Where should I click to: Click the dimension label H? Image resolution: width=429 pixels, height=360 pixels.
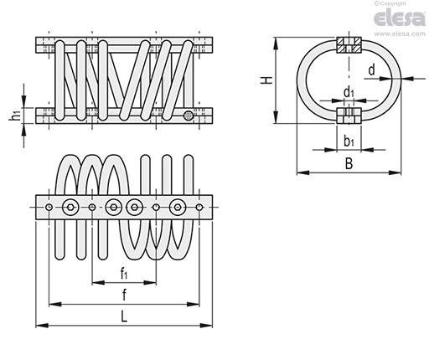266,80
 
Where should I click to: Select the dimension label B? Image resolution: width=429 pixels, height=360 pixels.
348,165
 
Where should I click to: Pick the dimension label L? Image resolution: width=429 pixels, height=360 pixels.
124,316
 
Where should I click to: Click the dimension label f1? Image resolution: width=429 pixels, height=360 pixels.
123,273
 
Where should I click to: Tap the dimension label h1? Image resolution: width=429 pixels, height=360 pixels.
14,116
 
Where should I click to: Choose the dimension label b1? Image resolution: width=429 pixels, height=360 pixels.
348,141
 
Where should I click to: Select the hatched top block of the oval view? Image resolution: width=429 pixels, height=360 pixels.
348,44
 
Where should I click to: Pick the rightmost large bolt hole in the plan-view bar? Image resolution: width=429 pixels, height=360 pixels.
177,207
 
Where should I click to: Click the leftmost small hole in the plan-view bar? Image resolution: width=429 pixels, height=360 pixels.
50,207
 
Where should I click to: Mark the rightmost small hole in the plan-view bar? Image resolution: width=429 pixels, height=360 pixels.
199,207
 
